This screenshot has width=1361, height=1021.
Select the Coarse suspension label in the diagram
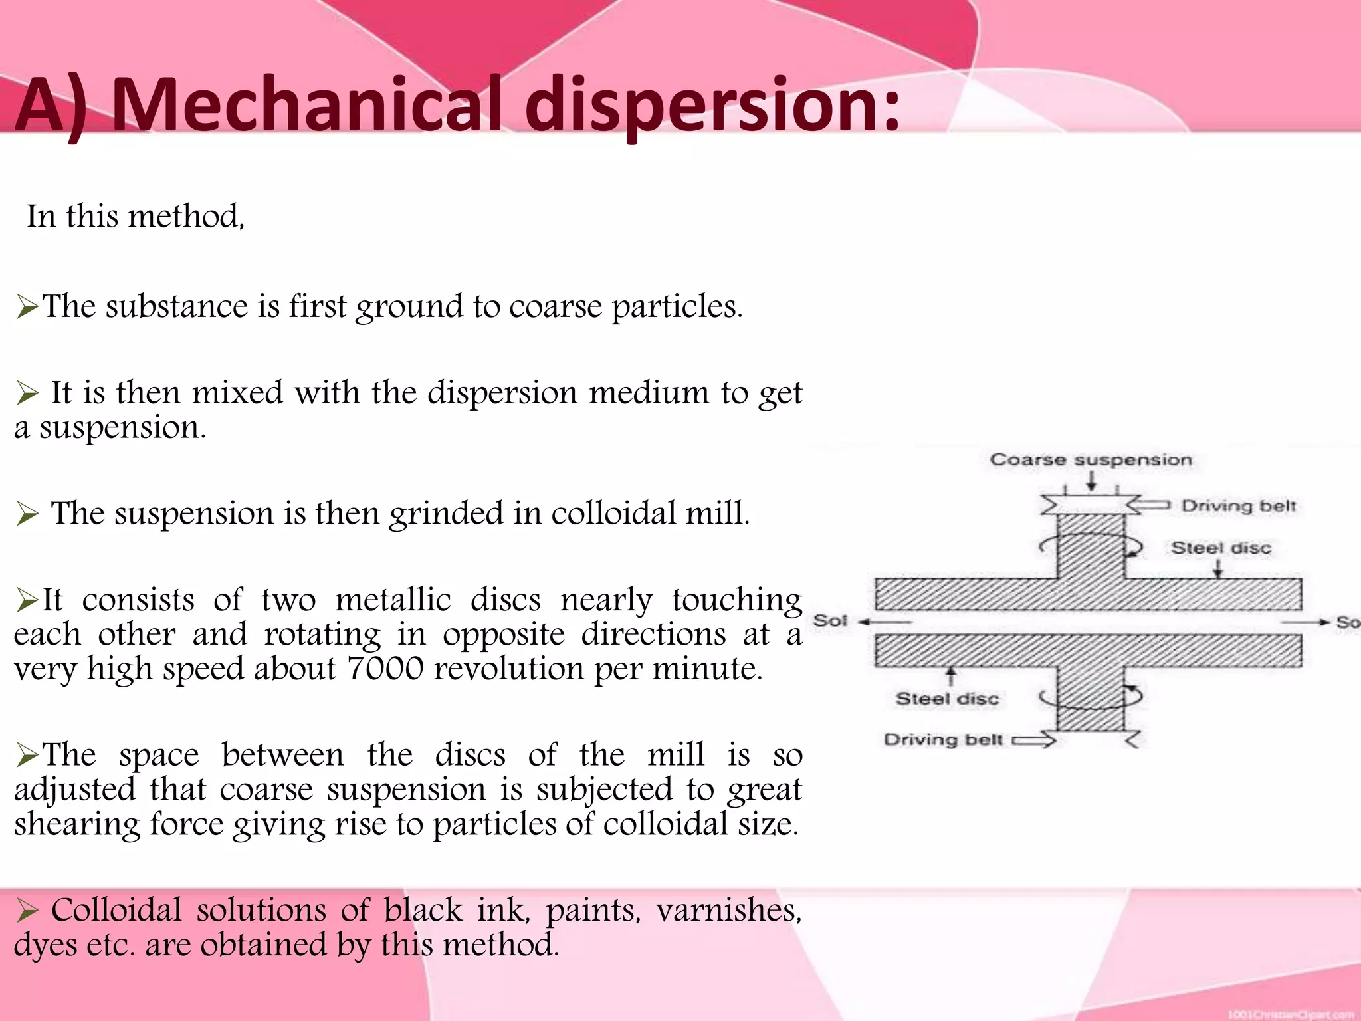click(x=1091, y=459)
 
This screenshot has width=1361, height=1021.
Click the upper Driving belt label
click(x=1238, y=506)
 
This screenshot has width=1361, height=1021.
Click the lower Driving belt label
click(x=943, y=740)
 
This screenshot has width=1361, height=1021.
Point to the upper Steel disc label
click(x=1221, y=548)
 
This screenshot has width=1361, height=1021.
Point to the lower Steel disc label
click(x=947, y=699)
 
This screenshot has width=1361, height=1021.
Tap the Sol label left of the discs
click(x=830, y=621)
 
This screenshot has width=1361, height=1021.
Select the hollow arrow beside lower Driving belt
click(x=1034, y=740)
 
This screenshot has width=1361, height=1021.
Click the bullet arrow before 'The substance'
click(x=27, y=307)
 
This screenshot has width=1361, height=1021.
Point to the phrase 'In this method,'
click(x=136, y=217)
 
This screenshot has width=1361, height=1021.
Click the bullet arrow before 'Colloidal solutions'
click(x=27, y=911)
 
